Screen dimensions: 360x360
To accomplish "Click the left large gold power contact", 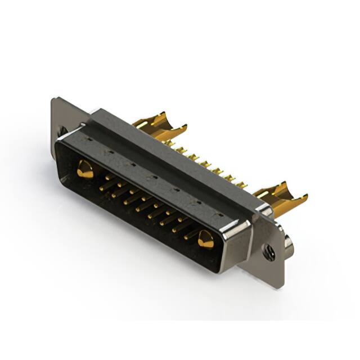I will [x=84, y=169].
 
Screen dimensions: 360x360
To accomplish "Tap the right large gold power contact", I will [x=205, y=240].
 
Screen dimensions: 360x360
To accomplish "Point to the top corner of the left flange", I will [x=55, y=100].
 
